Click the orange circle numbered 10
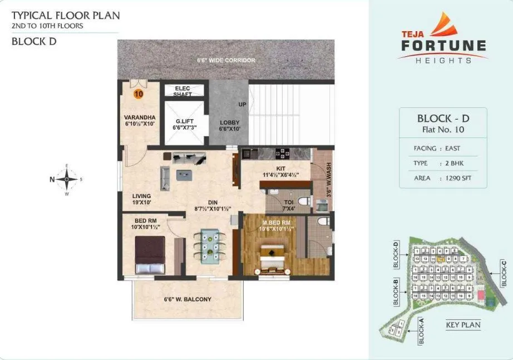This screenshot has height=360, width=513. click(x=139, y=94)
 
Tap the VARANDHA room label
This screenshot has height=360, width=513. click(x=140, y=117)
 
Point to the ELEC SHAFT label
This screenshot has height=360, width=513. click(x=182, y=91)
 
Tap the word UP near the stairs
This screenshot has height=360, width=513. click(x=242, y=104)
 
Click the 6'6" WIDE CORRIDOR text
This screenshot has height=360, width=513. click(x=225, y=60)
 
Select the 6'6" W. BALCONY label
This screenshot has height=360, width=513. click(x=188, y=299)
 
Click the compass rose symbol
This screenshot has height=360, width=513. click(x=67, y=179)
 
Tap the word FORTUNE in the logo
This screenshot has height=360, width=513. click(x=443, y=46)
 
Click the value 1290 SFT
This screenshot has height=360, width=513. click(x=455, y=179)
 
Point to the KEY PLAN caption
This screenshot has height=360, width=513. click(x=463, y=325)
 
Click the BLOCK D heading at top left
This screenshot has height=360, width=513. click(x=33, y=41)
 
